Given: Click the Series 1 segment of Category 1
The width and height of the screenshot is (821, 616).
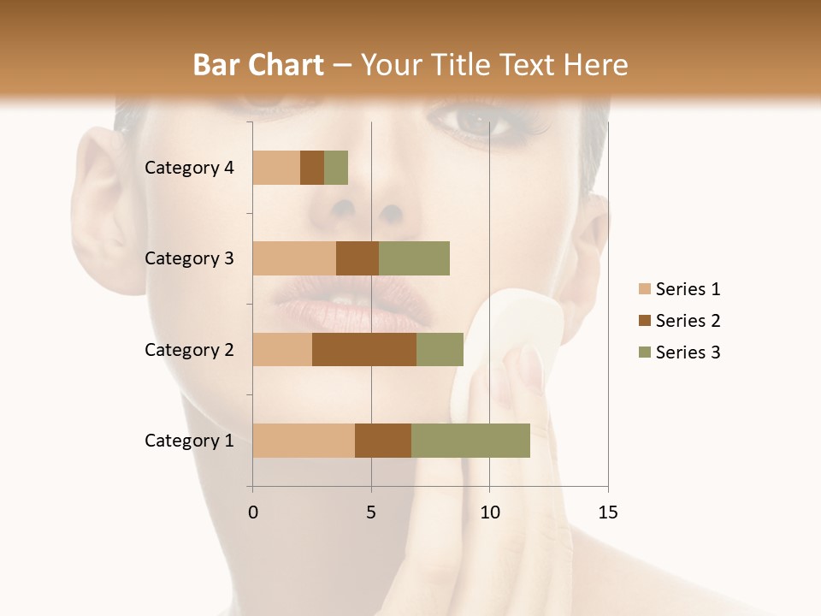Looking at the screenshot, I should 304,441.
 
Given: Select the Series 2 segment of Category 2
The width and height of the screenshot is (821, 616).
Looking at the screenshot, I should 364,349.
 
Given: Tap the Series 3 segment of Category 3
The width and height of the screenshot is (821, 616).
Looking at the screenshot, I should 414,258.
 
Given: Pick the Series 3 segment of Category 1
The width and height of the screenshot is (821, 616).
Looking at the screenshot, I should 470,441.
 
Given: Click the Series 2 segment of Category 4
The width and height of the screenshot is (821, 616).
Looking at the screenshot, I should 312,168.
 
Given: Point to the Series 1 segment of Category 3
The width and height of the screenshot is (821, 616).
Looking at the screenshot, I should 294,258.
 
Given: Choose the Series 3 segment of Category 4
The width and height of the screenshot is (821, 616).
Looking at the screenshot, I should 336,168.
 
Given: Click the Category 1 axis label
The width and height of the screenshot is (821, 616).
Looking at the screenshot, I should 189,441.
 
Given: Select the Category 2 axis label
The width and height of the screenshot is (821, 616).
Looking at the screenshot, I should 189,349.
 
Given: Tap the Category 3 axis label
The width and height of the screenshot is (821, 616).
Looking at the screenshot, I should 189,258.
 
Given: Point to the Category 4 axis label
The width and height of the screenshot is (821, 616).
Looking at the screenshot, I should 189,168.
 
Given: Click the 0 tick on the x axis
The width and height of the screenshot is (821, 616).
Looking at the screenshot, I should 252,512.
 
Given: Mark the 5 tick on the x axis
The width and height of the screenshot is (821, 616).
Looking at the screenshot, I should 371,512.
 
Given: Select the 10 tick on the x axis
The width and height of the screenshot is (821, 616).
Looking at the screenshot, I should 489,512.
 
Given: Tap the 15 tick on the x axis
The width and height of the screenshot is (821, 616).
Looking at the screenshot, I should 608,512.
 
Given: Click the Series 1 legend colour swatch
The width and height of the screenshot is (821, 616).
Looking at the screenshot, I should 644,289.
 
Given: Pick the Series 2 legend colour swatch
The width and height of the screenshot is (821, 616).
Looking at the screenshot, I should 644,321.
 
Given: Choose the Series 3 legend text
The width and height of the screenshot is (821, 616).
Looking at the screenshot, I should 688,352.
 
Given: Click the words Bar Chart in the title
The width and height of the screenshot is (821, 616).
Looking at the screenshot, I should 258,65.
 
